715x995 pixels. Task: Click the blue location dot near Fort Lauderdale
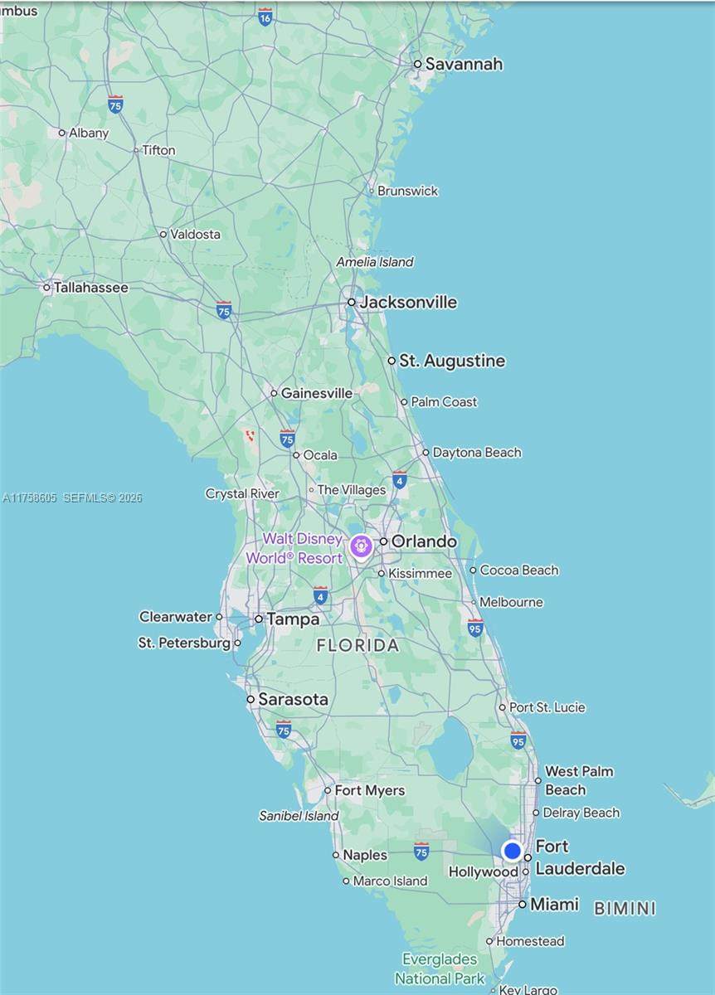pyautogui.click(x=513, y=851)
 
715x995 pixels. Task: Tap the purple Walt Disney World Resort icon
pyautogui.click(x=360, y=546)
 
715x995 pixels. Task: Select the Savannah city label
pyautogui.click(x=463, y=64)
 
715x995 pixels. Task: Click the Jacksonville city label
pyautogui.click(x=407, y=302)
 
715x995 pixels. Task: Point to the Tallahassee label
pyautogui.click(x=90, y=288)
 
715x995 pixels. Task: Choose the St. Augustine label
pyautogui.click(x=451, y=361)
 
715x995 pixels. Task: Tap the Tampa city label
pyautogui.click(x=292, y=619)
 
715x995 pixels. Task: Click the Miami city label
pyautogui.click(x=553, y=904)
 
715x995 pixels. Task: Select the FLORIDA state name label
pyautogui.click(x=357, y=645)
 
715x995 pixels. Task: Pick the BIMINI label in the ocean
pyautogui.click(x=625, y=908)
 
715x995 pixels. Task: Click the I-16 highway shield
pyautogui.click(x=265, y=17)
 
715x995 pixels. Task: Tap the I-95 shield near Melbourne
pyautogui.click(x=475, y=628)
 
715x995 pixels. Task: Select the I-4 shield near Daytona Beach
pyautogui.click(x=400, y=480)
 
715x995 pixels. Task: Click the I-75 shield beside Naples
pyautogui.click(x=421, y=852)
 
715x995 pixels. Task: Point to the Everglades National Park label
pyautogui.click(x=440, y=968)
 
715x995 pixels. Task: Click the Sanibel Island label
pyautogui.click(x=299, y=816)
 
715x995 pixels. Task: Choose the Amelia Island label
pyautogui.click(x=374, y=262)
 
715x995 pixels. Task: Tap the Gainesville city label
pyautogui.click(x=316, y=393)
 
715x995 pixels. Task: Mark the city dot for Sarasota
pyautogui.click(x=250, y=699)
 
